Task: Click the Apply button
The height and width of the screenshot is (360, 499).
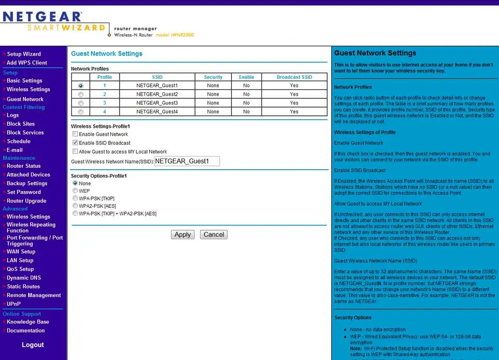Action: pos(182,235)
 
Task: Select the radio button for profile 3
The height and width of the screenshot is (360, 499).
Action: pos(81,103)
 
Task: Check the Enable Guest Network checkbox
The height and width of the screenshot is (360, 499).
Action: pos(75,134)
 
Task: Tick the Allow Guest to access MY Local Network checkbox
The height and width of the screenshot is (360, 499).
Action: pos(75,152)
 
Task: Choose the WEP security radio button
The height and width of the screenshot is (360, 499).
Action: pos(75,191)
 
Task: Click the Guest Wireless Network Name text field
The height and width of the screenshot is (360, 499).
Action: pos(187,161)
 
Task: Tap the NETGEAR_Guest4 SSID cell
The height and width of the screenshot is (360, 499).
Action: pos(157,112)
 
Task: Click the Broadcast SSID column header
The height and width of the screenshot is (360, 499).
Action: pos(294,77)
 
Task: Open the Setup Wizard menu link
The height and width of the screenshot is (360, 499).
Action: pos(23,54)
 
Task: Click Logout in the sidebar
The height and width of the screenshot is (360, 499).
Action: pos(33,345)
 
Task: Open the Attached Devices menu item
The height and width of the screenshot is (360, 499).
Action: pos(28,175)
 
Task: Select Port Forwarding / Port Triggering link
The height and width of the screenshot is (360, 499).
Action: pos(34,241)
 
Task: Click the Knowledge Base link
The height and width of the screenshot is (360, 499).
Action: pos(28,322)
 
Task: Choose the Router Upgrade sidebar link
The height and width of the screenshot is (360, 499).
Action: pos(26,201)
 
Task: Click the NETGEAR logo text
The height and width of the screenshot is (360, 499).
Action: pos(42,17)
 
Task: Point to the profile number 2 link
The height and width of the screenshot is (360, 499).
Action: pos(104,95)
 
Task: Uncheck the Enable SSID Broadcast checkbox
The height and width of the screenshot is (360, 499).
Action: pos(75,143)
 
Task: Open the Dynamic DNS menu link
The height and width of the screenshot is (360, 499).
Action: pos(23,278)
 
